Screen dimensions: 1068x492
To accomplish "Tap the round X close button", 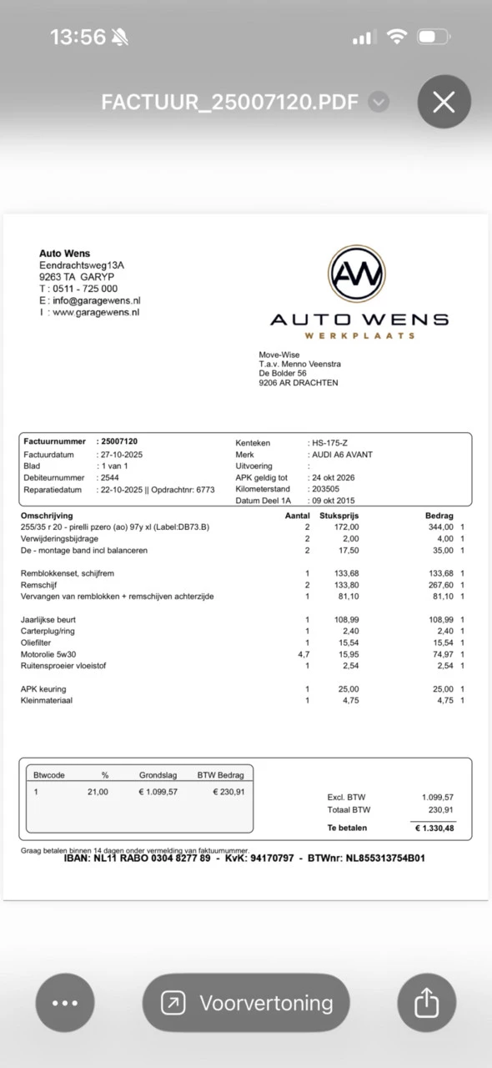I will (x=444, y=102).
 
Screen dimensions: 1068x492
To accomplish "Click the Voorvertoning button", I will (x=246, y=1002).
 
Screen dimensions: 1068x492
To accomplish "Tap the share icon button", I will (x=426, y=1002).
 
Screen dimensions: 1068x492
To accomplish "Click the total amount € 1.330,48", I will (x=433, y=829).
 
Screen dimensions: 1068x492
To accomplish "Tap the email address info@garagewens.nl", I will (x=96, y=300).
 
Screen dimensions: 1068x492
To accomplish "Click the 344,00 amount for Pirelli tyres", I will (x=440, y=527).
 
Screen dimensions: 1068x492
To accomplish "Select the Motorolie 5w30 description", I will (x=48, y=654).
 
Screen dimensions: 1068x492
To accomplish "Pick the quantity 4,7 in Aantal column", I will (x=304, y=654).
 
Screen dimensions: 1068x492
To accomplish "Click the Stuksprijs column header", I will (x=339, y=516).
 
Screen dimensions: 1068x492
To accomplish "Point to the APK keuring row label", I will (x=43, y=689).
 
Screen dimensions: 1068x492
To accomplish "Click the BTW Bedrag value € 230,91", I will (x=228, y=792).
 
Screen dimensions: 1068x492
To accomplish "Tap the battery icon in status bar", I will (x=434, y=37).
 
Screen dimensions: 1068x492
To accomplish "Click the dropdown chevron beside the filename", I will (x=379, y=102).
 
